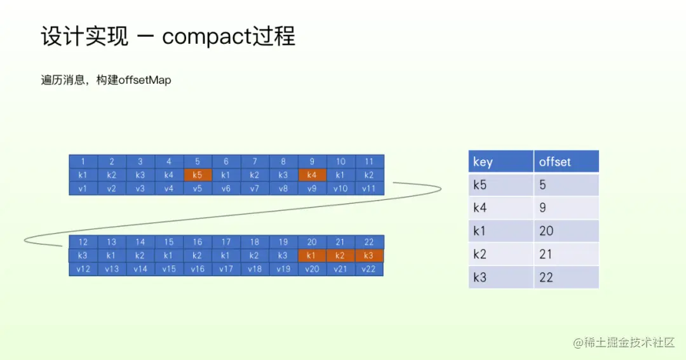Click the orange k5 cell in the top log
tap(198, 175)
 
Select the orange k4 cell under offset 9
tap(312, 175)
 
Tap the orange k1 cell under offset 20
tap(312, 255)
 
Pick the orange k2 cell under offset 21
tap(340, 255)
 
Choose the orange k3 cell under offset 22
tap(369, 255)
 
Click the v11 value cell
tap(369, 188)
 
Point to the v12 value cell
tap(83, 269)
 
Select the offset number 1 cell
tap(83, 161)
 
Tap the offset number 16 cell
tap(198, 242)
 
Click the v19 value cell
tap(283, 269)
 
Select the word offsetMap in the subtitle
tap(145, 81)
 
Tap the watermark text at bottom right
tap(623, 343)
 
